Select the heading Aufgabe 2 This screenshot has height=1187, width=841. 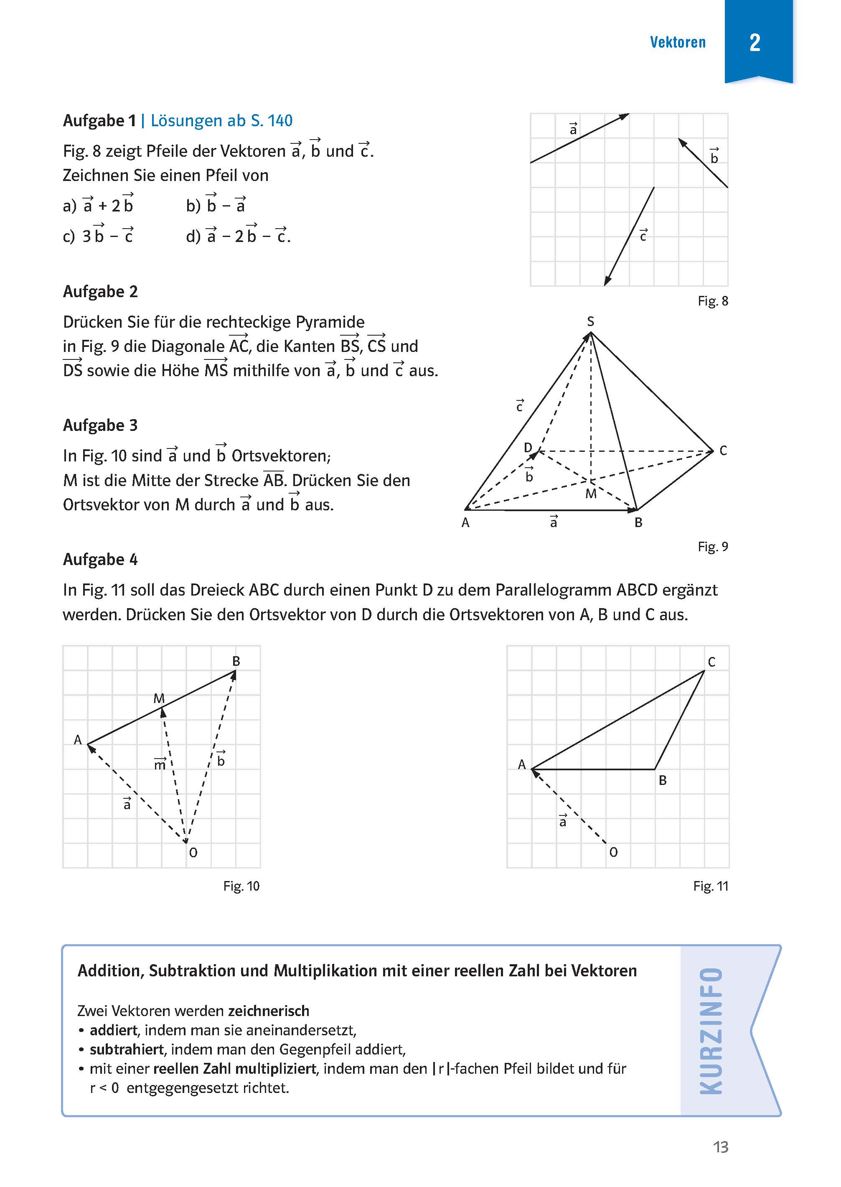click(100, 292)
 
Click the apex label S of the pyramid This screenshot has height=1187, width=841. click(590, 322)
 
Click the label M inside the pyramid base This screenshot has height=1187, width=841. click(591, 494)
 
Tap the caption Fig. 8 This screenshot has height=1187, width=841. click(713, 301)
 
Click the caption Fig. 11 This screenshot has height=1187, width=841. click(711, 886)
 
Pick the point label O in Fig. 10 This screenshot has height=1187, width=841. click(193, 853)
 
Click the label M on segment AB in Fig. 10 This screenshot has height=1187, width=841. click(159, 698)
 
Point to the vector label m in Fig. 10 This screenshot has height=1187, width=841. click(160, 764)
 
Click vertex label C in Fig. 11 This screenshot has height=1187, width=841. click(711, 662)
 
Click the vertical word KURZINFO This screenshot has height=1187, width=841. click(711, 1031)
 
